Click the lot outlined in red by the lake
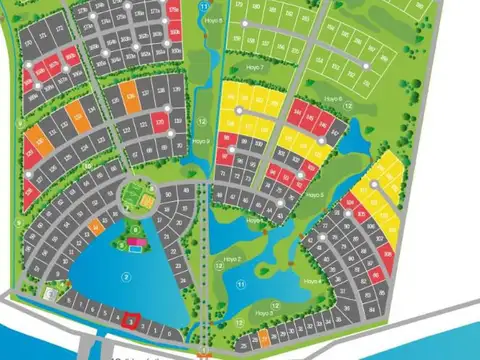[128, 322]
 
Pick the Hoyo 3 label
[264, 313]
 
